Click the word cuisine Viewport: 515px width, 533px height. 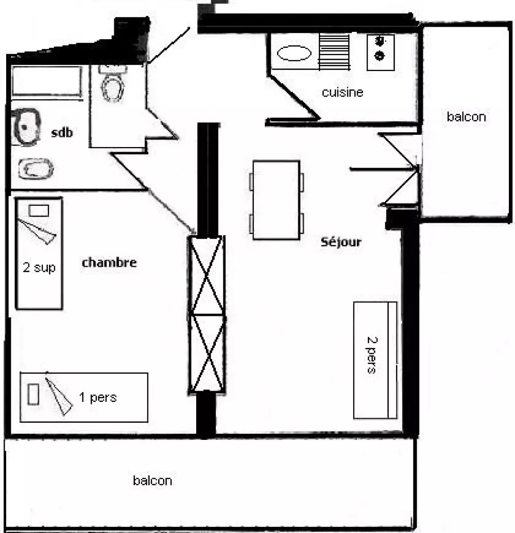pyautogui.click(x=342, y=92)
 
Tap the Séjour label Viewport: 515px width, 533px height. pyautogui.click(x=341, y=242)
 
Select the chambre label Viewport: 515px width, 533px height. pyautogui.click(x=109, y=262)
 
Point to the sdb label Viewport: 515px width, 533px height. pyautogui.click(x=62, y=132)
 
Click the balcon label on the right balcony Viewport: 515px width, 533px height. pyautogui.click(x=466, y=117)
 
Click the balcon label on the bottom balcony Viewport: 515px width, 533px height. pyautogui.click(x=152, y=481)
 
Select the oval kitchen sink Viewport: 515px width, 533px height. pyautogui.click(x=294, y=54)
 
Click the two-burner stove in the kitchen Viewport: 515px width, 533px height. pyautogui.click(x=381, y=52)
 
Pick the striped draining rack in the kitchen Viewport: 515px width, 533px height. pyautogui.click(x=334, y=52)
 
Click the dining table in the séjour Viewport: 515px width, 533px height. pyautogui.click(x=276, y=200)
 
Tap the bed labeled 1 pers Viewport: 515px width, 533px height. pyautogui.click(x=84, y=397)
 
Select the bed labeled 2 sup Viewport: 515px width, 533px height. pyautogui.click(x=39, y=254)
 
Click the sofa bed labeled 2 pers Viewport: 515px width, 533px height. pyautogui.click(x=375, y=360)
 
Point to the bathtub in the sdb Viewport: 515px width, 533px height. pyautogui.click(x=47, y=81)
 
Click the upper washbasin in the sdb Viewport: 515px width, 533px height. pyautogui.click(x=25, y=127)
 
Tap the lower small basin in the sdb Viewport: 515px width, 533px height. pyautogui.click(x=36, y=169)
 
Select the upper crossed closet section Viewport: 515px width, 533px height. pyautogui.click(x=207, y=275)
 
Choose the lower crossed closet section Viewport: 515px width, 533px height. pyautogui.click(x=207, y=354)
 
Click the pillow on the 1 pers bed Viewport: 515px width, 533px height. pyautogui.click(x=33, y=394)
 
